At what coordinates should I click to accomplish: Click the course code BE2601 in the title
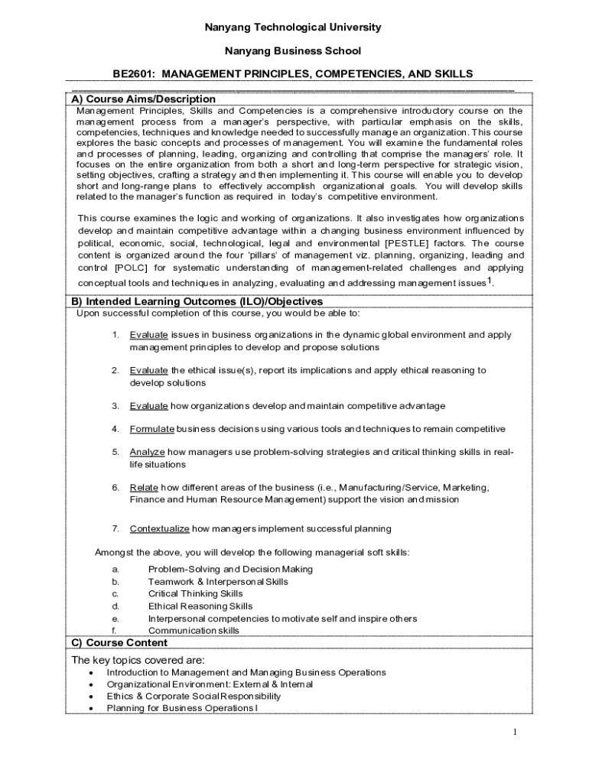click(133, 74)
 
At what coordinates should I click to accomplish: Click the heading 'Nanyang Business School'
click(292, 51)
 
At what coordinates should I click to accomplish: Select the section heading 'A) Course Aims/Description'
click(143, 99)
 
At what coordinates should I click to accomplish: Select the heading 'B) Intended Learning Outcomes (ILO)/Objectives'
click(197, 302)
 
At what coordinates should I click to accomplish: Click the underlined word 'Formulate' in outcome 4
click(152, 429)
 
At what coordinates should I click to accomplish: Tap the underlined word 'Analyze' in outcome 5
click(147, 452)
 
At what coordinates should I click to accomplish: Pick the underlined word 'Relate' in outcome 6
click(144, 487)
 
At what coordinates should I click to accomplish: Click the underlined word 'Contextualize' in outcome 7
click(159, 528)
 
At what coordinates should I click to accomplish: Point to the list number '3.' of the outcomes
click(116, 406)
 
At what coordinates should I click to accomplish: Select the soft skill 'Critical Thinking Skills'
click(195, 594)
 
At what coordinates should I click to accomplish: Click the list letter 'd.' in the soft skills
click(116, 606)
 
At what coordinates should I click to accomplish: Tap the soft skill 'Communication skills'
click(194, 631)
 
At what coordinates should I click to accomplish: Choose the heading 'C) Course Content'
click(119, 643)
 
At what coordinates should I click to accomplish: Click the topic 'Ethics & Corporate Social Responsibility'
click(194, 697)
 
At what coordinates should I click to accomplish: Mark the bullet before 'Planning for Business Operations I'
click(92, 709)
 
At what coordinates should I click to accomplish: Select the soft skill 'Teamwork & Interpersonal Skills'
click(218, 582)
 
